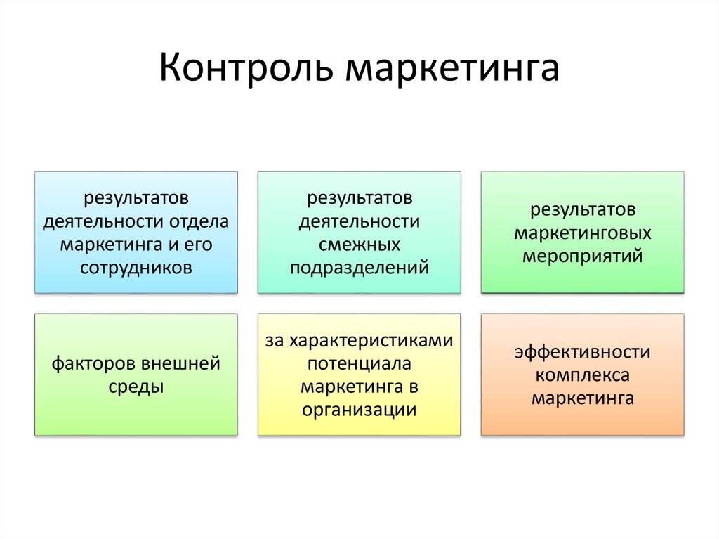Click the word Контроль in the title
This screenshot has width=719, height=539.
point(245,68)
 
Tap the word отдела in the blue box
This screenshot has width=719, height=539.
point(199,222)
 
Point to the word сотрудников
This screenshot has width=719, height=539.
point(136,267)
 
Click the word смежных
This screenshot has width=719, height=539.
point(359,245)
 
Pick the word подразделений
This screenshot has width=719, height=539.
point(359,268)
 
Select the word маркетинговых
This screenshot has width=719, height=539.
point(582,233)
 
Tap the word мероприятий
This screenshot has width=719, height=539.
point(582,256)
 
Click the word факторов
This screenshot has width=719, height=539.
point(93,363)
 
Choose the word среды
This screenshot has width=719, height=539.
point(136,387)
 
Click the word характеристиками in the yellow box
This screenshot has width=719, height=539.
point(371,341)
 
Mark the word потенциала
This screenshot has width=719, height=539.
point(359,363)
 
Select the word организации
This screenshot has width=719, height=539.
point(359,410)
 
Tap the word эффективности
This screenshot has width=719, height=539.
point(582,352)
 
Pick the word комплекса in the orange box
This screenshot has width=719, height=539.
point(582,375)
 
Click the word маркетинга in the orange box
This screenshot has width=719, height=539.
point(582,398)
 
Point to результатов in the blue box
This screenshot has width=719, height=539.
point(136,198)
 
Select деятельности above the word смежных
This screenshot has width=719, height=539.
point(359,222)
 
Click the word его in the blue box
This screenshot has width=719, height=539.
point(198,245)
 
